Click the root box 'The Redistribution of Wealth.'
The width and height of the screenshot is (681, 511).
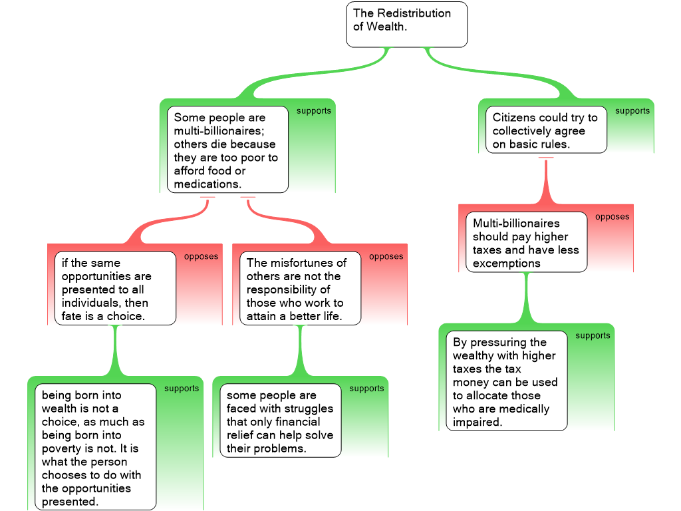[406, 25]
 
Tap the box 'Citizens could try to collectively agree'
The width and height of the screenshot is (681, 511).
[545, 130]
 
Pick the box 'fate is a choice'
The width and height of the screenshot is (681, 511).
[115, 288]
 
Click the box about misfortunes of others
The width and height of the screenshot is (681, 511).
[300, 288]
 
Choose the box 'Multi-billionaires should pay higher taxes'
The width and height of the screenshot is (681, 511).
[526, 242]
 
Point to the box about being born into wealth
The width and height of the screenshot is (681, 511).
[95, 447]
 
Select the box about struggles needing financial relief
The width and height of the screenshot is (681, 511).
[280, 421]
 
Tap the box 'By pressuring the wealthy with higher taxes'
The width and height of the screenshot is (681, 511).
[506, 381]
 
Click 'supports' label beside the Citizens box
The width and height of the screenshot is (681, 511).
[632, 111]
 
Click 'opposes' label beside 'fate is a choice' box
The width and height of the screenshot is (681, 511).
[201, 257]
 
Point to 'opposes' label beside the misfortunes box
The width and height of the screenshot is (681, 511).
[386, 257]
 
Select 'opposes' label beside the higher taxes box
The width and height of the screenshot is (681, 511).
[612, 217]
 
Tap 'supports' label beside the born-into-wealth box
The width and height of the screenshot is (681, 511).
[182, 389]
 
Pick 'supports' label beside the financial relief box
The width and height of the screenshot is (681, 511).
[366, 389]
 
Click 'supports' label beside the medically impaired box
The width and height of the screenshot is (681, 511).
[593, 336]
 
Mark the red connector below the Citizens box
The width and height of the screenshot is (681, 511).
[546, 180]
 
